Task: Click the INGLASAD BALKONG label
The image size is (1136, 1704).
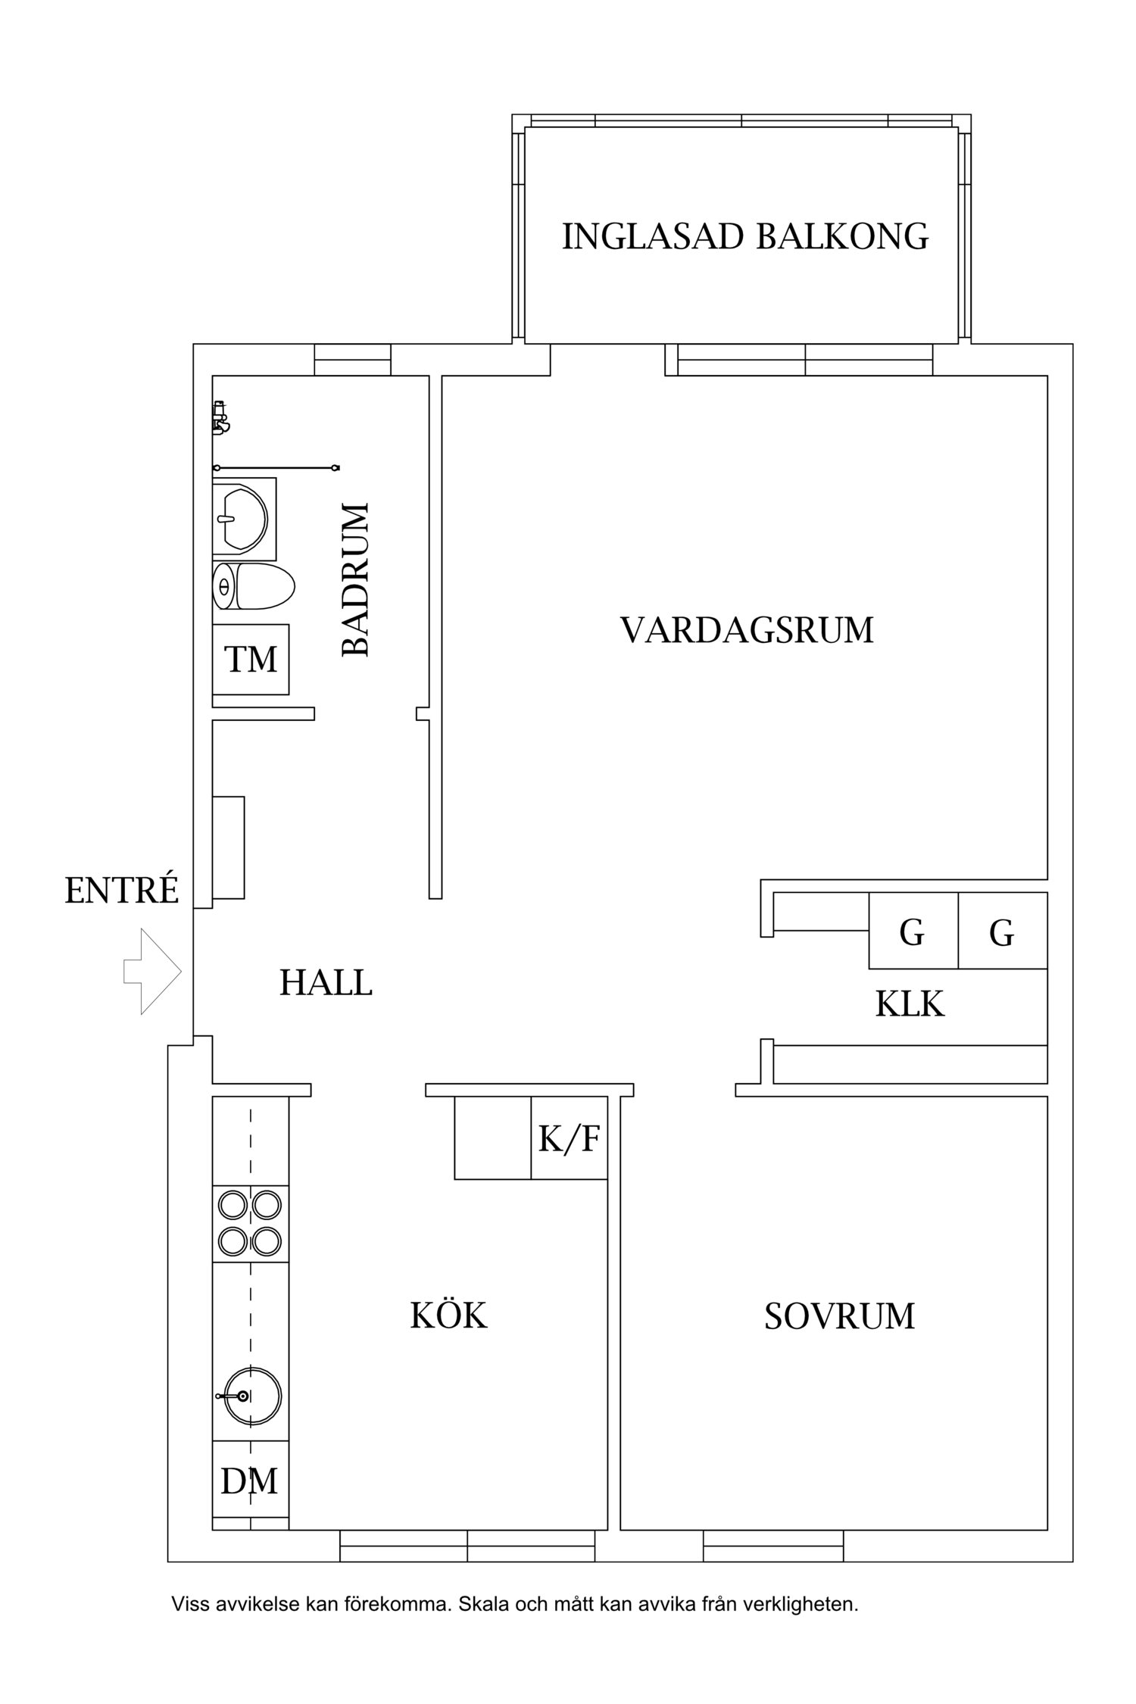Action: (x=745, y=236)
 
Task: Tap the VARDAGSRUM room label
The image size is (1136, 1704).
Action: (x=747, y=630)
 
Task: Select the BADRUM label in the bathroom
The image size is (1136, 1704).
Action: (x=354, y=579)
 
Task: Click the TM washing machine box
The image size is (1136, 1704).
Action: (x=251, y=659)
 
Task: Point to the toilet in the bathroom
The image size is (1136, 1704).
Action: (x=254, y=586)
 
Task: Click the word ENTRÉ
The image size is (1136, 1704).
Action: (x=121, y=891)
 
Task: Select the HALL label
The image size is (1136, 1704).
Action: (x=326, y=983)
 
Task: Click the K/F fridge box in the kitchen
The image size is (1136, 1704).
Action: (x=569, y=1138)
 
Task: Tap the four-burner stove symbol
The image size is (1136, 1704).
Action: (x=250, y=1223)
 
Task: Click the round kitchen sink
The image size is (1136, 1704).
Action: (x=250, y=1395)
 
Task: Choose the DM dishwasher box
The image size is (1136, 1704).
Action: (x=250, y=1481)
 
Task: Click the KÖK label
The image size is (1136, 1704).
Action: (x=448, y=1315)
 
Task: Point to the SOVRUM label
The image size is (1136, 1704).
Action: (x=839, y=1316)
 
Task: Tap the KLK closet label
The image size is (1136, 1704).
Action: (x=910, y=1005)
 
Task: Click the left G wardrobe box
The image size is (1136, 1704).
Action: (x=913, y=932)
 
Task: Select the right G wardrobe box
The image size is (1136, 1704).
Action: (x=1002, y=932)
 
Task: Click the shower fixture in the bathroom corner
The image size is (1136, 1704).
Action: (x=220, y=417)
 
